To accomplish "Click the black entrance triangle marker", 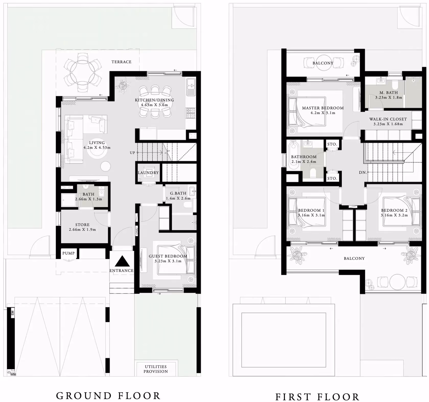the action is (x=122, y=261).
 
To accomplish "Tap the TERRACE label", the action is (x=122, y=62).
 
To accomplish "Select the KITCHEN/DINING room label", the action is (x=154, y=100).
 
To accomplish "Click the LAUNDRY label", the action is (x=148, y=173).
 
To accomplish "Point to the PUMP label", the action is (x=68, y=253).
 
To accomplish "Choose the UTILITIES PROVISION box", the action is (x=156, y=369).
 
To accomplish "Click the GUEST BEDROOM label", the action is (x=168, y=256).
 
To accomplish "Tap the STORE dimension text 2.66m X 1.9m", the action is (x=82, y=230).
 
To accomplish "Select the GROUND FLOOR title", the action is (x=108, y=396).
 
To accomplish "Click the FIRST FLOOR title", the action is (x=317, y=397).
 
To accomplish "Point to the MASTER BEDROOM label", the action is (x=323, y=108).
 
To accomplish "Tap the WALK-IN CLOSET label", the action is (x=388, y=119).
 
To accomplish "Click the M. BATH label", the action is (x=389, y=93).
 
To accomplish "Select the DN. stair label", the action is (x=363, y=173).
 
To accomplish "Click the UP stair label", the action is (x=132, y=153).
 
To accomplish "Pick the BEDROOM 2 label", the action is (x=394, y=210).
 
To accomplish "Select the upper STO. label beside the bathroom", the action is (x=332, y=144).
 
